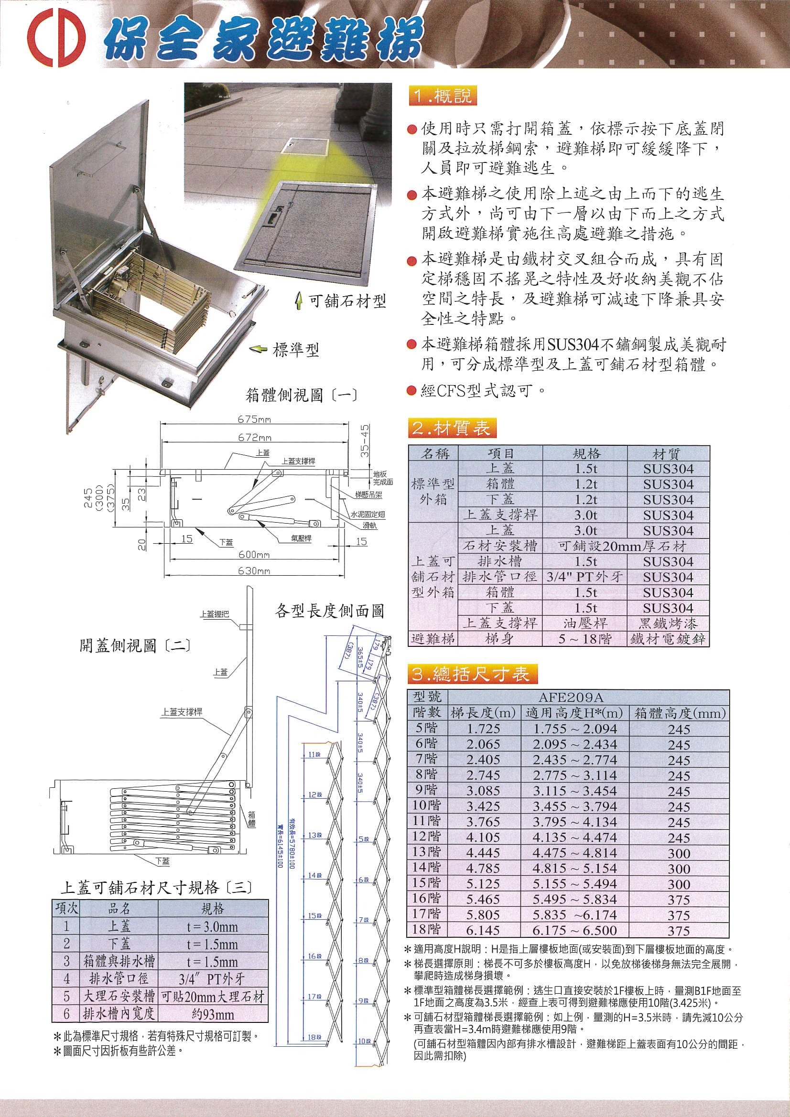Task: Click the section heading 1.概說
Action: coord(442,97)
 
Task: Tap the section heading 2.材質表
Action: coord(450,429)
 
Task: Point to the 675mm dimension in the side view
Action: coord(254,419)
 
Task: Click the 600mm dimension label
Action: coord(254,555)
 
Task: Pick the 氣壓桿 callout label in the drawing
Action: coord(301,538)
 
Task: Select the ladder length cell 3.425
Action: coord(483,806)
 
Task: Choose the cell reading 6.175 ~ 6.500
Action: coord(574,930)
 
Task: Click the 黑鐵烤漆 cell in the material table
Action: coord(668,623)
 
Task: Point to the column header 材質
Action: coord(668,454)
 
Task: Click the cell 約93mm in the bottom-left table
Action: coord(213,1015)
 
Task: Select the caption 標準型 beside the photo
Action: coord(296,350)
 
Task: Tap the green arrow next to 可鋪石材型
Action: coord(298,301)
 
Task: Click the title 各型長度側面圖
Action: coord(330,611)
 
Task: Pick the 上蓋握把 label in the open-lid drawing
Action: coord(214,614)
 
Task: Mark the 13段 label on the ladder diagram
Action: coord(315,835)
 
